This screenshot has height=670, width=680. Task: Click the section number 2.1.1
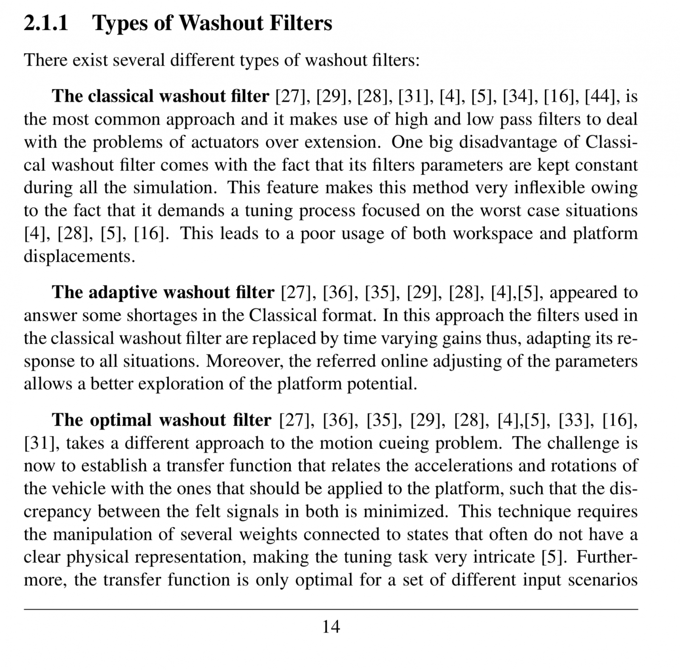point(46,23)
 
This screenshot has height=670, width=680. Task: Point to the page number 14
point(331,627)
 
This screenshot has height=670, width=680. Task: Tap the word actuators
point(225,142)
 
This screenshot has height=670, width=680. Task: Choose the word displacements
point(79,257)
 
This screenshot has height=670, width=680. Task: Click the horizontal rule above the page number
point(331,610)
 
